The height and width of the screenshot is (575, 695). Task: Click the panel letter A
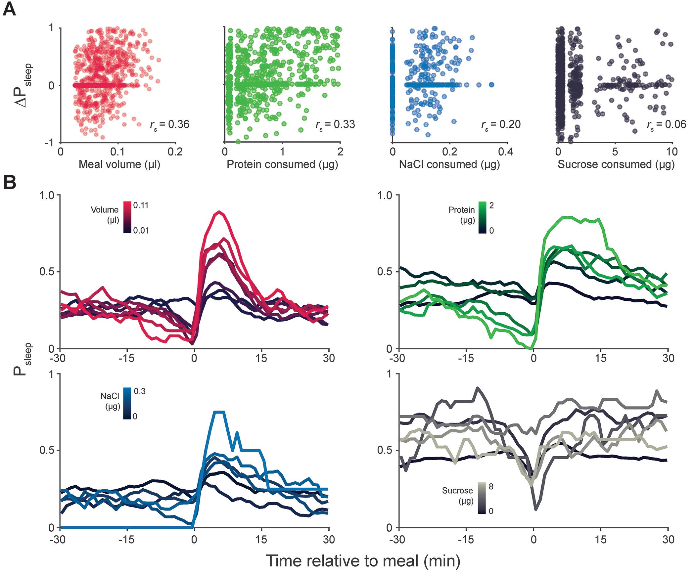9,10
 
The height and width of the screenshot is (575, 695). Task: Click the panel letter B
10,182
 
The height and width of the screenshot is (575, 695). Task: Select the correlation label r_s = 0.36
170,125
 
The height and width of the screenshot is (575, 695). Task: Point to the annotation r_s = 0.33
335,125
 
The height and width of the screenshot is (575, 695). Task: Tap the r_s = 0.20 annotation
501,125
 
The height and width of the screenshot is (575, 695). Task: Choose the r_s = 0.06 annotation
667,125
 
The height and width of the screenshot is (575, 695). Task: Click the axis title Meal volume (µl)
119,164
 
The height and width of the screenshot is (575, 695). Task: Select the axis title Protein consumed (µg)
282,164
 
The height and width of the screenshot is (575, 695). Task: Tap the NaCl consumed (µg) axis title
449,164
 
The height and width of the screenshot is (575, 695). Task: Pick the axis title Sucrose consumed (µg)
616,164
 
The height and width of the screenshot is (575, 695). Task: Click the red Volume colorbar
127,217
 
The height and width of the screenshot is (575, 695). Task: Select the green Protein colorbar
482,217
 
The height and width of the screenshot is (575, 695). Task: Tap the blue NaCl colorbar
127,403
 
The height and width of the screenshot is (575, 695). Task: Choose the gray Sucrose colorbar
482,498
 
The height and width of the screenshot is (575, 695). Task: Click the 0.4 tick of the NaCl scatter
506,152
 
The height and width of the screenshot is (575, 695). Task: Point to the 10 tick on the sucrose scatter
672,152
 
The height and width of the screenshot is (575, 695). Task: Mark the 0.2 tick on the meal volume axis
175,152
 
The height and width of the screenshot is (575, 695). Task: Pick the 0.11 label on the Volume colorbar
141,205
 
